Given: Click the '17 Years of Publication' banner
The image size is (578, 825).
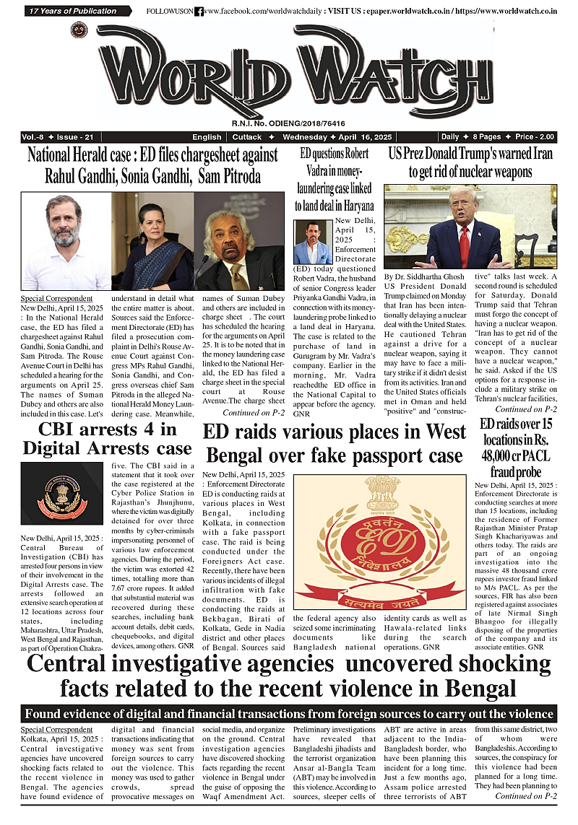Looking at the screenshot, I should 72,11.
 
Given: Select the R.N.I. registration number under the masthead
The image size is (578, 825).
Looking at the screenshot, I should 288,123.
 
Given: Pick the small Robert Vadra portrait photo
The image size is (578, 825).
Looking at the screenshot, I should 313,242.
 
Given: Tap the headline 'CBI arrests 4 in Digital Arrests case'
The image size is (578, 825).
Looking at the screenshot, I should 108,439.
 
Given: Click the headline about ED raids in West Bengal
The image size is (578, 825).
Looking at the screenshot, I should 334,443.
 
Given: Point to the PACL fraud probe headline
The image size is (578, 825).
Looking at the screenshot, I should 516,447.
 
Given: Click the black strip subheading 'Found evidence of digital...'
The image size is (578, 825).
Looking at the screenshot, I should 289,714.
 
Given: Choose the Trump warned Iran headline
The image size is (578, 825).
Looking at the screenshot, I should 470,162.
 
